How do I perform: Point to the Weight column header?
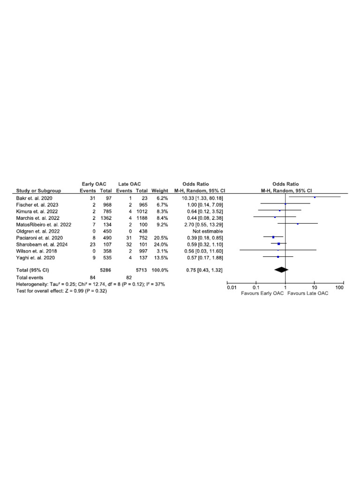[160, 191]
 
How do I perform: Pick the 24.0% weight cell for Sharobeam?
[160, 244]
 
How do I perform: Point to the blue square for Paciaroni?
[273, 237]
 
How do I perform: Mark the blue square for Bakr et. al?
[315, 197]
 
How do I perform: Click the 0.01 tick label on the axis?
[232, 287]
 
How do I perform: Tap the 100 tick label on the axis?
[340, 287]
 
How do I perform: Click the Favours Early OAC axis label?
[262, 293]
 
